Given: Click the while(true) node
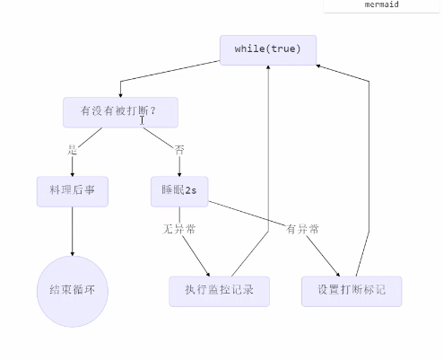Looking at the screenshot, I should (x=268, y=48).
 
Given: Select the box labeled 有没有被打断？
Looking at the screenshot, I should (x=120, y=111).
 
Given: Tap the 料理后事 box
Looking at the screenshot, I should (x=72, y=191).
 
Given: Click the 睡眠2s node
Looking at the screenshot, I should (x=179, y=191).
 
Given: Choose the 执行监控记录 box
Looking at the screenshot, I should (x=219, y=291).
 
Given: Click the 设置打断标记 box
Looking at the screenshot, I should (x=352, y=291).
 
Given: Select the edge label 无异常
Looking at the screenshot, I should (x=179, y=229).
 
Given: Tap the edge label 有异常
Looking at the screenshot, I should (x=303, y=229).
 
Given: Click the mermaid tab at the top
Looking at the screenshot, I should (x=382, y=4).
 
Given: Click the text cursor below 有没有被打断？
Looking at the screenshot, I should (x=142, y=120).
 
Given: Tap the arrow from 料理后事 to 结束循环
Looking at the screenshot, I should (x=73, y=230).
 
